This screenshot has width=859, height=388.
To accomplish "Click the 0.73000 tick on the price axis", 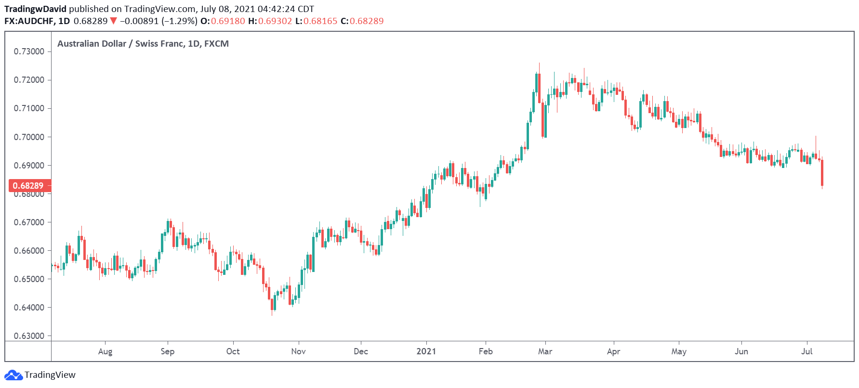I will [29, 52].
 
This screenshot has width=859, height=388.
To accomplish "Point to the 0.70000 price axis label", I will [29, 137].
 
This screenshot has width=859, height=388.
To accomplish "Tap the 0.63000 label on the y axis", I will [29, 336].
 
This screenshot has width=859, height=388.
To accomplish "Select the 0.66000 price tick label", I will [29, 251].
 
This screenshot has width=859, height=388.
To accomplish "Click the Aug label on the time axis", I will [105, 351].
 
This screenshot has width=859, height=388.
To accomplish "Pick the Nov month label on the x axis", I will [298, 351].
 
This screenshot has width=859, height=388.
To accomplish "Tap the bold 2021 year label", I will [426, 351].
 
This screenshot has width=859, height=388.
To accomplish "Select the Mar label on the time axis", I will [545, 351].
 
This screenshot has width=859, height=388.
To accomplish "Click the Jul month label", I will [806, 351].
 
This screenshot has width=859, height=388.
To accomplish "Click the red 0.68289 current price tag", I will [28, 186].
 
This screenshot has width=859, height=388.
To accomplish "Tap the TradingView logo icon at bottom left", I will [13, 375].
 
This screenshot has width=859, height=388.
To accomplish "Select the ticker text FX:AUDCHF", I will [29, 21].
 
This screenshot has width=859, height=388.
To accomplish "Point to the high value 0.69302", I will [275, 21].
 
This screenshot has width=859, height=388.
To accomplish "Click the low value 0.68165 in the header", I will [320, 21].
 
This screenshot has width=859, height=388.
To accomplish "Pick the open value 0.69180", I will [228, 21].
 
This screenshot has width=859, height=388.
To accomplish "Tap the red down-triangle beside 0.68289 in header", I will [113, 21].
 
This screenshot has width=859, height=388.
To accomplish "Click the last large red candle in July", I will [822, 172].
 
